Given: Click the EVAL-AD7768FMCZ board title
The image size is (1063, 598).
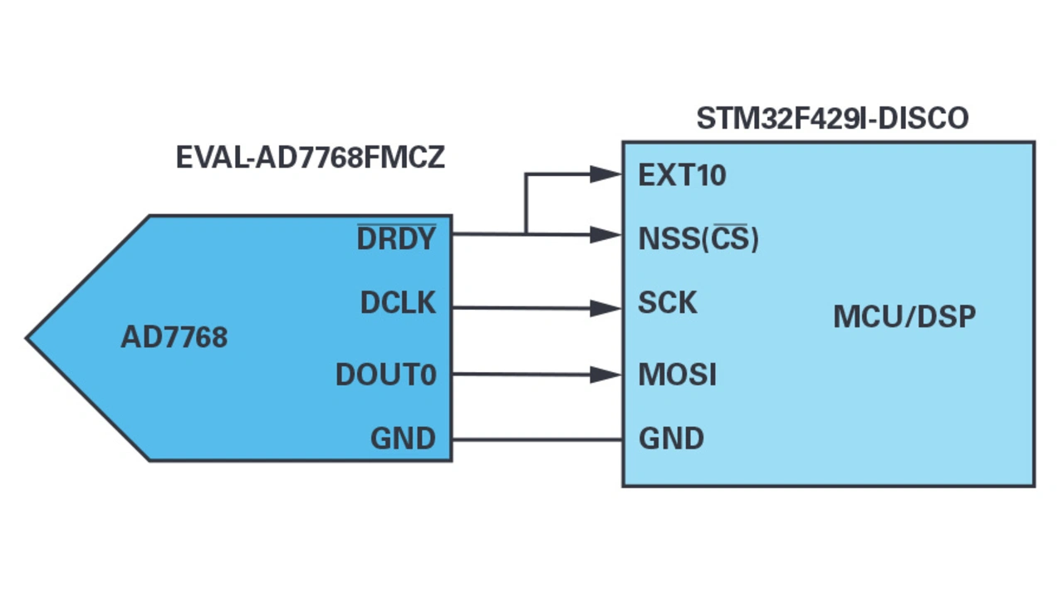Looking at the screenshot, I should tap(310, 158).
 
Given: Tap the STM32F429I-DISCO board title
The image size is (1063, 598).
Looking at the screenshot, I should tap(832, 118).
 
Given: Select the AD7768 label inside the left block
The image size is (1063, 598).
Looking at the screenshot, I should tap(174, 337).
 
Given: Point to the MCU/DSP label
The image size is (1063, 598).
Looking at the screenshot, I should tap(904, 317).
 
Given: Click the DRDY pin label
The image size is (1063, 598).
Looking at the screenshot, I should tap(396, 239).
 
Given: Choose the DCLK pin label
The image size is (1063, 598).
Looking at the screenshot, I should tap(398, 303).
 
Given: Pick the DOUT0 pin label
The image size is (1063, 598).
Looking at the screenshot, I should tap(385, 375).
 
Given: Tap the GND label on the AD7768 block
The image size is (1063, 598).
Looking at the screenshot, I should tap(403, 439).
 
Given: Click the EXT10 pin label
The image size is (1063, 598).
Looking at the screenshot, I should tap(682, 175).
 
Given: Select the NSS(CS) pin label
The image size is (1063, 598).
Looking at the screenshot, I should tap(698, 239).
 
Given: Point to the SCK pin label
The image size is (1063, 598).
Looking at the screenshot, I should tap(668, 303).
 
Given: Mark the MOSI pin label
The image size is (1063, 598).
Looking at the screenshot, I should tap(677, 375).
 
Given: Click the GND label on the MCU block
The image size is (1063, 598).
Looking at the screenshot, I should tap(671, 439).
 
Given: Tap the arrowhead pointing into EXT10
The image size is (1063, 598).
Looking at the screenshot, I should tap(606, 174).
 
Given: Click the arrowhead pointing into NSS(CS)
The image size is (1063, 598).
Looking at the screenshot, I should tap(606, 235).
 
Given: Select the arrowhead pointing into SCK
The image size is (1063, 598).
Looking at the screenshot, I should tap(606, 309).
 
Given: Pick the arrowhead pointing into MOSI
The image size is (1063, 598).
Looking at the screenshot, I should tap(606, 375).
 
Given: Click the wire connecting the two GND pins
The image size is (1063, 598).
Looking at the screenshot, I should tap(537, 439).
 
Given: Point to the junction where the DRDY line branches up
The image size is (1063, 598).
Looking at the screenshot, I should tap(525, 234).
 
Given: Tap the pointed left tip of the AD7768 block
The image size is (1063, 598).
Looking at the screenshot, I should tap(30, 338).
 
